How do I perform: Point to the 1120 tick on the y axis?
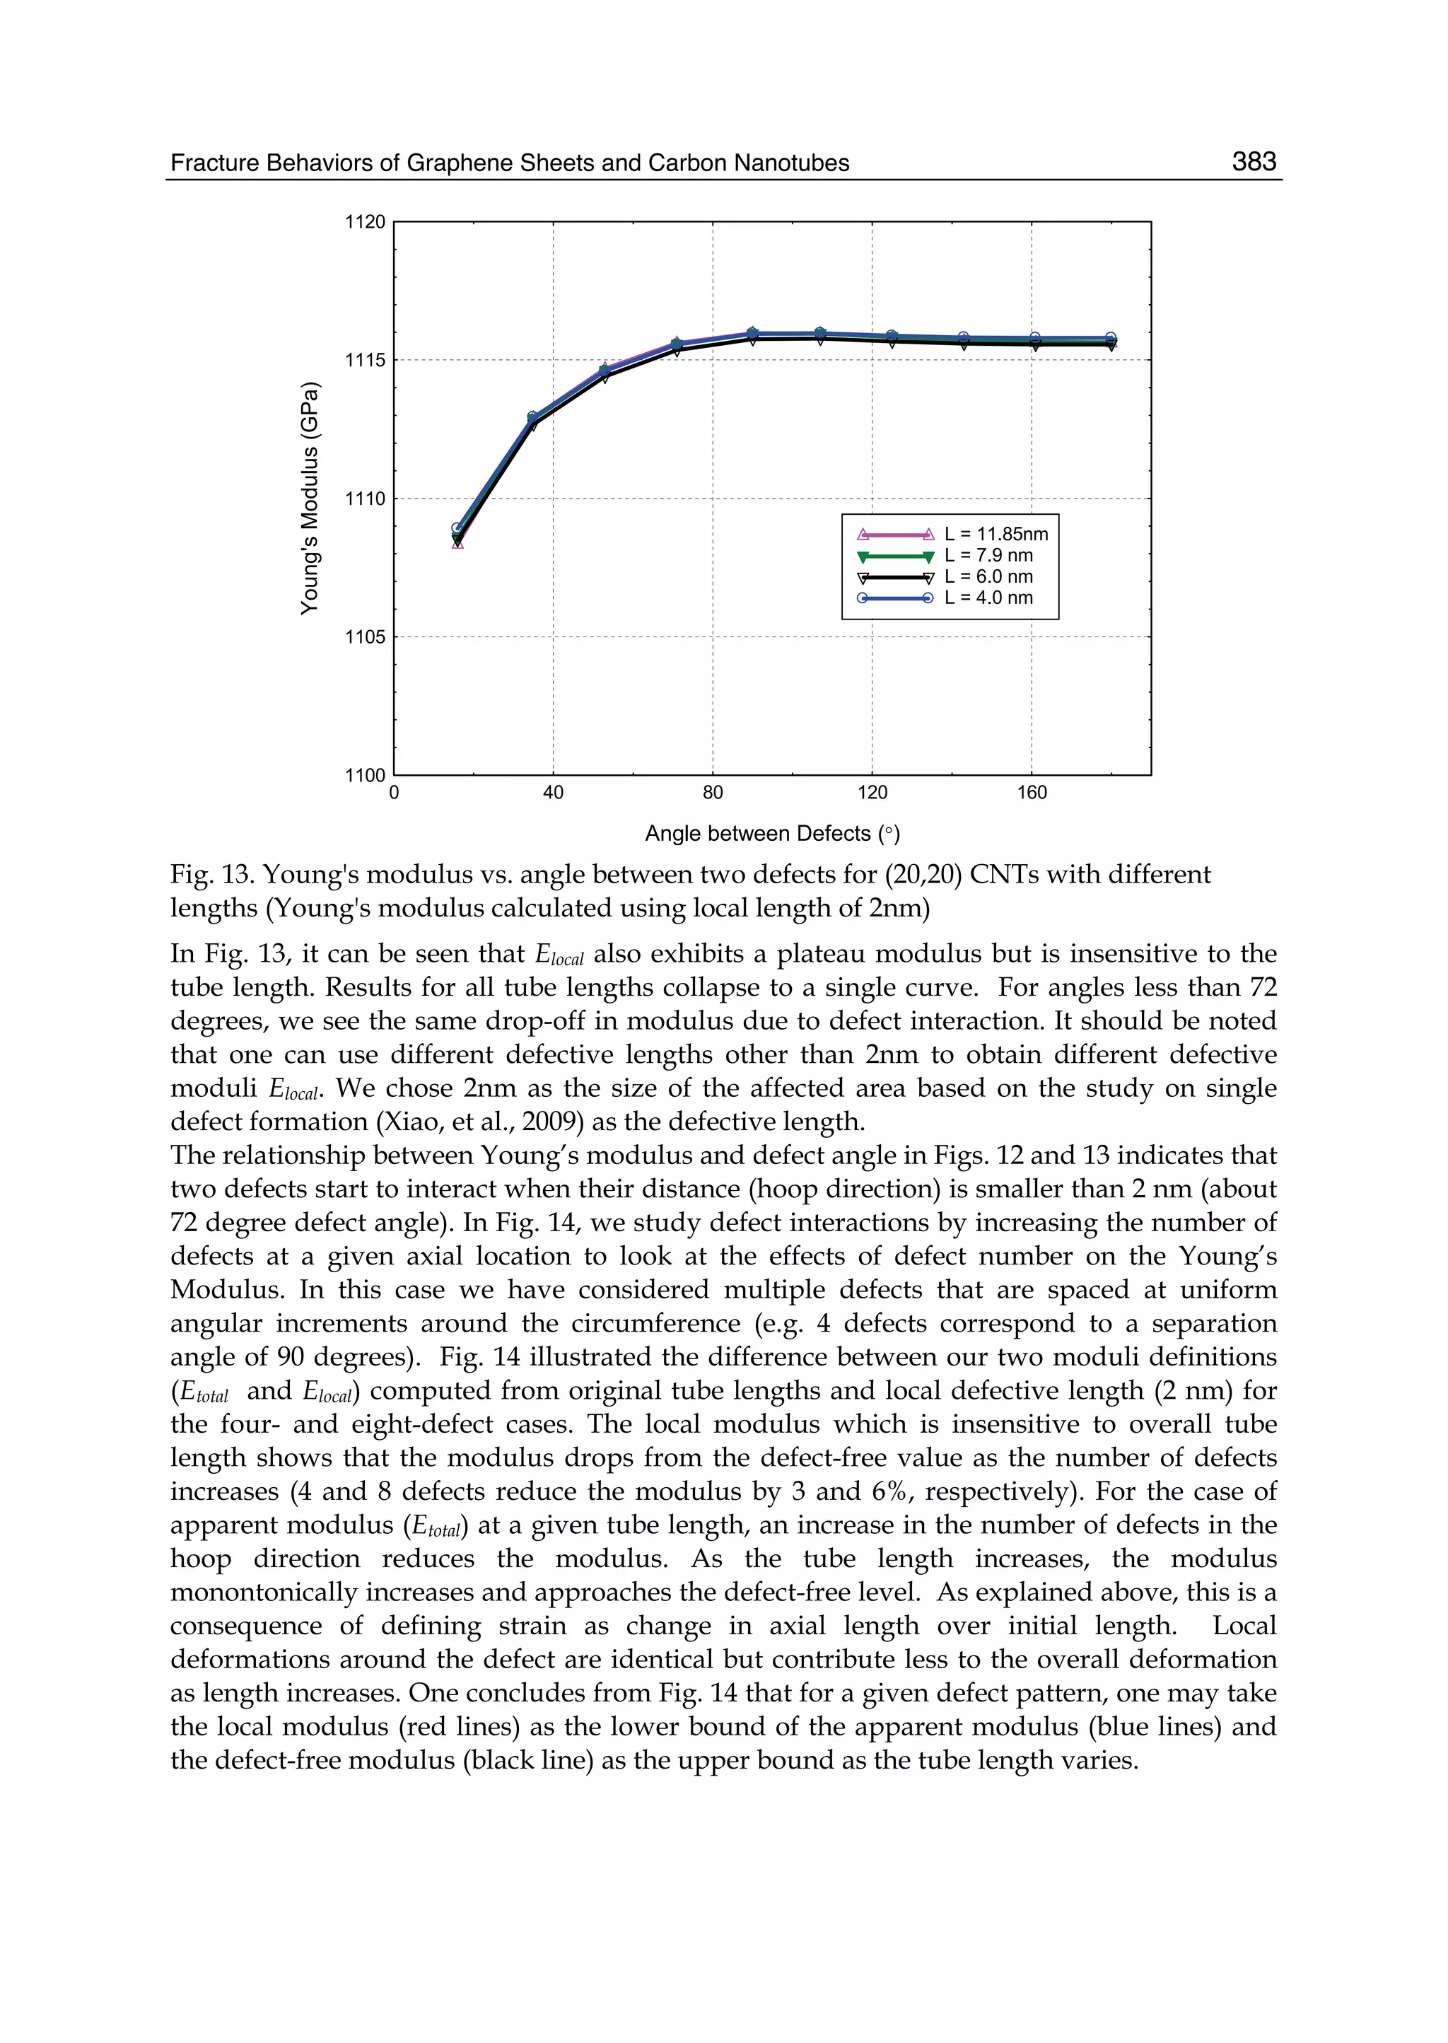point(366,222)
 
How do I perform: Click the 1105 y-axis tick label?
point(366,636)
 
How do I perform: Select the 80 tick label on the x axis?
point(713,793)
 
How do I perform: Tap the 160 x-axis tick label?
point(1032,793)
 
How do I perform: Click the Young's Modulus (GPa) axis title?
point(310,499)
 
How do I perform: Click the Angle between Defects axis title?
point(772,834)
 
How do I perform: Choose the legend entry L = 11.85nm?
point(996,534)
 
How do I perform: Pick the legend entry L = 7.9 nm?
point(988,556)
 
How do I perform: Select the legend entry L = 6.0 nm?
point(988,577)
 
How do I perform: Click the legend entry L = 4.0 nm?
point(988,598)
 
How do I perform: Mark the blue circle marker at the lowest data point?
point(457,528)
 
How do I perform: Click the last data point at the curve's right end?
point(1111,339)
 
